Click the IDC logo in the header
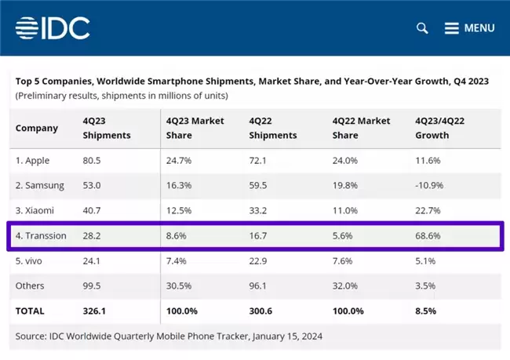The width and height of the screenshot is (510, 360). click(53, 28)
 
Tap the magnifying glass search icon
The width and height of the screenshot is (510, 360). click(422, 28)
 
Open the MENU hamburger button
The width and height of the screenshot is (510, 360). click(469, 28)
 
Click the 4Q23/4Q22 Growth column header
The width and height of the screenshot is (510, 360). click(439, 128)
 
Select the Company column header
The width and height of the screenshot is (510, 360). click(37, 128)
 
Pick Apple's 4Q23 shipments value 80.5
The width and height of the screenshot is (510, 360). click(92, 161)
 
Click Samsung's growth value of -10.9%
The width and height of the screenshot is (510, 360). click(429, 185)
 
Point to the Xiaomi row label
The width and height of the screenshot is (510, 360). click(35, 210)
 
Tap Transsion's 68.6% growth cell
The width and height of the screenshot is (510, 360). click(428, 236)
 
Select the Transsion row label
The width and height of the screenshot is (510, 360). click(41, 236)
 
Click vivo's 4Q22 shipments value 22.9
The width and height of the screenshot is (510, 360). click(258, 261)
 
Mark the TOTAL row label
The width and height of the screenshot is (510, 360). click(30, 311)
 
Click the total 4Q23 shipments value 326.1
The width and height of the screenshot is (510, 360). click(94, 311)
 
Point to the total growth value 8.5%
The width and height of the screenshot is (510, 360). click(425, 311)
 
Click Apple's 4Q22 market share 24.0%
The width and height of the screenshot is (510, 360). click(345, 161)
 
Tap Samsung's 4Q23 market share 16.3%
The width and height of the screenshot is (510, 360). click(179, 185)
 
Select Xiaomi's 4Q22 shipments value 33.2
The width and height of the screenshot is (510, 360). click(258, 210)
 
